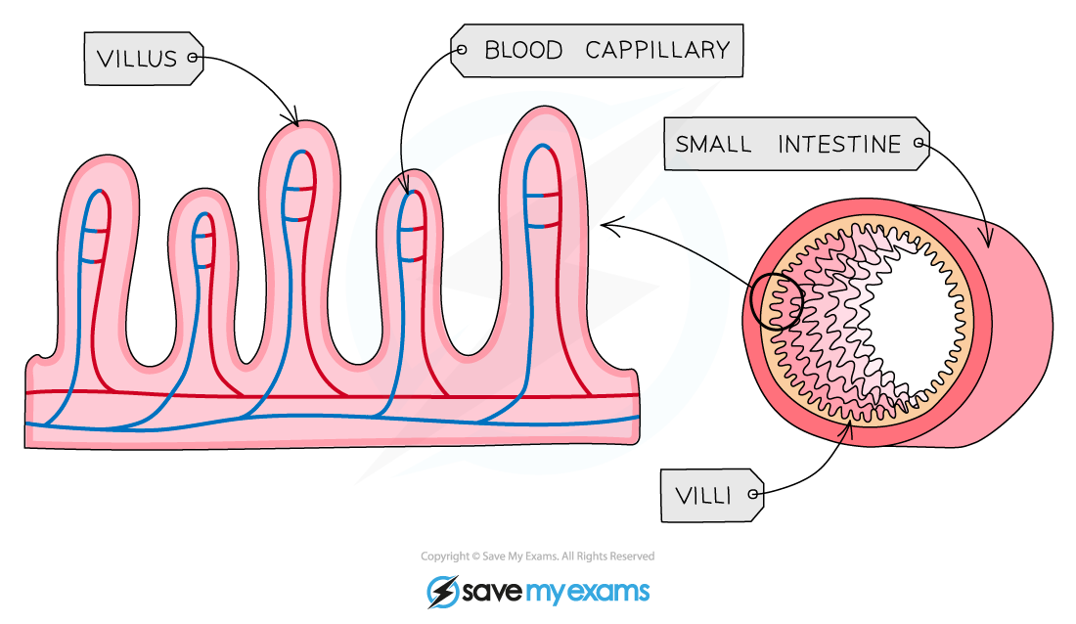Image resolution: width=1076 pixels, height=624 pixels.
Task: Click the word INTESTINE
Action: pyautogui.click(x=838, y=145)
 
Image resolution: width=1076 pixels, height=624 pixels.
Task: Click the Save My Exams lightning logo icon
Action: pyautogui.click(x=442, y=592)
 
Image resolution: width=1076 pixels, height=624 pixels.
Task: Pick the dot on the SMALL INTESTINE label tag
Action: pyautogui.click(x=918, y=145)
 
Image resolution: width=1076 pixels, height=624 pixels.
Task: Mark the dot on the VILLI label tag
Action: pyautogui.click(x=752, y=496)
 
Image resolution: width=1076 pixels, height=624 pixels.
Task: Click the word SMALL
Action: pyautogui.click(x=713, y=145)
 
